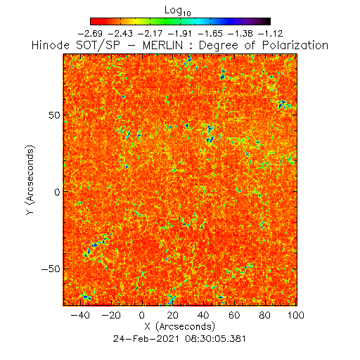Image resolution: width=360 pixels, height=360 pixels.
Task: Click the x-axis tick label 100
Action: pos(296,315)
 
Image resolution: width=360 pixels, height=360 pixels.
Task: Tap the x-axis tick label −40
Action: pos(80,315)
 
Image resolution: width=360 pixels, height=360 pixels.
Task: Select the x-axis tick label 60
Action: pos(234,315)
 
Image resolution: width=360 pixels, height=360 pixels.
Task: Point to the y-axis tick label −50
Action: pos(51,269)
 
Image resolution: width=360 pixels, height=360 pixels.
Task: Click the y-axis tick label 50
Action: pos(54,115)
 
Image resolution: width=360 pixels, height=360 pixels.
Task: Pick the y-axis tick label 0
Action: pos(57,192)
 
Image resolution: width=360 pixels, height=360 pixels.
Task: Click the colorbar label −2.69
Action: pos(90,34)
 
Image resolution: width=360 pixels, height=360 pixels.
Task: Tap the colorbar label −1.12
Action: pos(271,34)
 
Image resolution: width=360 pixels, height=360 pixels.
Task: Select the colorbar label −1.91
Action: pos(180,34)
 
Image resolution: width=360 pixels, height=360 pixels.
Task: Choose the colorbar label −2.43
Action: pos(120,34)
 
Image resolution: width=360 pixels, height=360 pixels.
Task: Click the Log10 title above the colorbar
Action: pos(178,11)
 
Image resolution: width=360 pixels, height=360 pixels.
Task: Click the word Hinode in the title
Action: pos(51,45)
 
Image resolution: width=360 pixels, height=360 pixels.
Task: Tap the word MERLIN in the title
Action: pos(162,45)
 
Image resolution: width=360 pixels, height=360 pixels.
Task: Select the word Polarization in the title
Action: pos(295,45)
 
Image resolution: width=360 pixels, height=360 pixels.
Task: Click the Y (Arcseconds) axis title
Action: pos(30,180)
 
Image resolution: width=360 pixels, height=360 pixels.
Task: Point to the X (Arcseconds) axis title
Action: pos(179,326)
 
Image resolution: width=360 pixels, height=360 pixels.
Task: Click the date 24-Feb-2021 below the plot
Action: pos(146,339)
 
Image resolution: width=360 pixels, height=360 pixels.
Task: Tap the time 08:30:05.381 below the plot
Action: pos(216,339)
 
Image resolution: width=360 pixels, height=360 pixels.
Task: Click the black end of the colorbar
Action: pos(266,21)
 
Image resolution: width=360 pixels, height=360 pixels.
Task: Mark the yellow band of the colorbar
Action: pos(135,21)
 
